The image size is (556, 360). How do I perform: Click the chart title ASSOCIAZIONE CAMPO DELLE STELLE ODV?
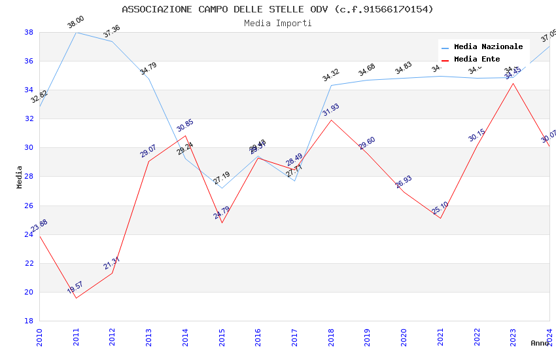(x=277, y=9)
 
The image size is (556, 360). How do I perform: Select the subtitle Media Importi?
(x=277, y=23)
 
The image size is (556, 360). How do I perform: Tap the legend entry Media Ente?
(x=477, y=60)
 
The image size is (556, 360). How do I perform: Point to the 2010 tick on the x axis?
(x=39, y=337)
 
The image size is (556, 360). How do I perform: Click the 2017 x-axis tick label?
(x=294, y=337)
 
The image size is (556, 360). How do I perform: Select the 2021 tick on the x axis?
(x=440, y=337)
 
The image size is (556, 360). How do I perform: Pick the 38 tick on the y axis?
(x=29, y=32)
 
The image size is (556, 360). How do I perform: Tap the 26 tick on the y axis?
(x=29, y=206)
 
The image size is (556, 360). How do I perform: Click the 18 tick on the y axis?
(x=29, y=321)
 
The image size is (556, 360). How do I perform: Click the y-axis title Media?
(x=20, y=177)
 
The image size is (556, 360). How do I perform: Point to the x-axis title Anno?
(x=540, y=343)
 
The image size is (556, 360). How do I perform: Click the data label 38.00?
(x=76, y=23)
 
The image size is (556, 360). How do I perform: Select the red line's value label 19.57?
(x=75, y=287)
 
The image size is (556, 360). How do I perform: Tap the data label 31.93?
(x=330, y=110)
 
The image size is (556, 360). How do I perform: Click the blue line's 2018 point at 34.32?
(x=331, y=85)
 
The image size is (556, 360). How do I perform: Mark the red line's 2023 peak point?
(x=513, y=83)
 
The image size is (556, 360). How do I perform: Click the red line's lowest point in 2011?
(x=76, y=298)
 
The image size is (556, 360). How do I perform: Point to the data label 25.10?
(x=440, y=208)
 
